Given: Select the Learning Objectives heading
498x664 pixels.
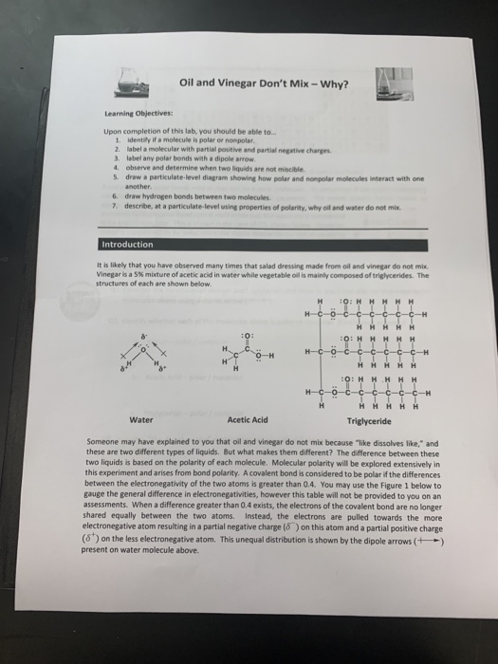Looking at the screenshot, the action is coord(132,120).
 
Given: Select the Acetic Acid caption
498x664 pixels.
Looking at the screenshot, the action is coord(248,419).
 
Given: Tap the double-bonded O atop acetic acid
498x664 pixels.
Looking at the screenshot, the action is coord(248,336).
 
